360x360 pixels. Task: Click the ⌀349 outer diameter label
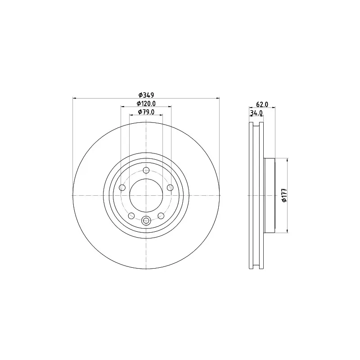point(146,94)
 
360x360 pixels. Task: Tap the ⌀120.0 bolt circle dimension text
point(146,104)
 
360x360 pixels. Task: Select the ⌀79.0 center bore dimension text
point(146,112)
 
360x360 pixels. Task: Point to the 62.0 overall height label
point(262,104)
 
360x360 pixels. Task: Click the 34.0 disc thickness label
point(256,113)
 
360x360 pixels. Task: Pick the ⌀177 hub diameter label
point(284,195)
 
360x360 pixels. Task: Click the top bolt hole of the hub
point(146,171)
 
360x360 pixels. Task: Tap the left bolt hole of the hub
point(122,188)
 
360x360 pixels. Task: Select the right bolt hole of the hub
point(170,188)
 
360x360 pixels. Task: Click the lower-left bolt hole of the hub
point(131,216)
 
